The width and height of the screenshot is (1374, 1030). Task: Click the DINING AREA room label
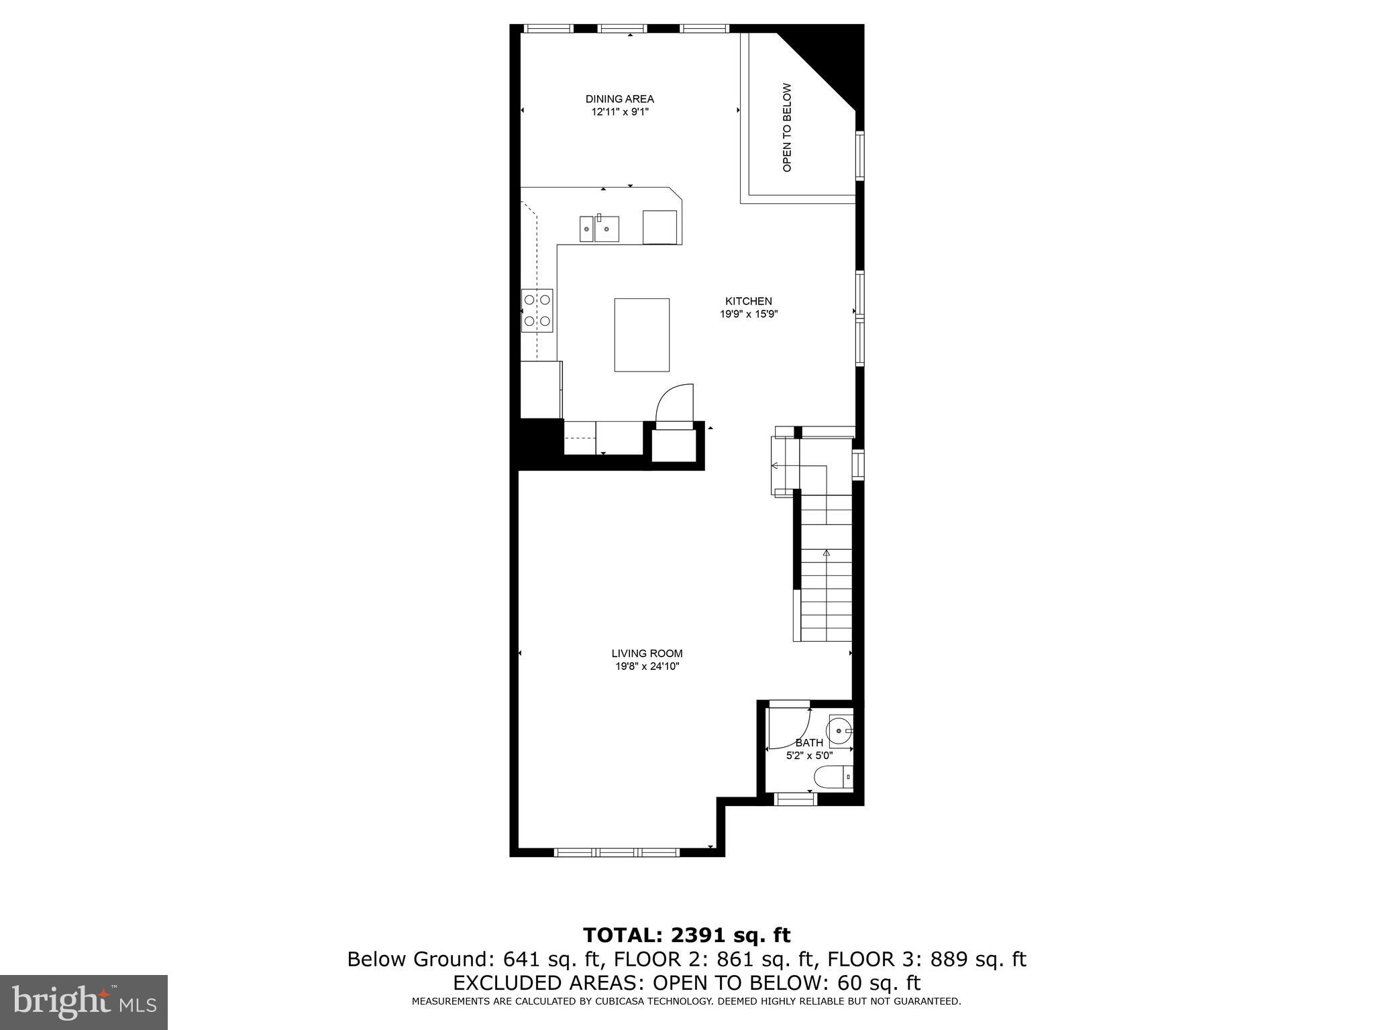point(619,99)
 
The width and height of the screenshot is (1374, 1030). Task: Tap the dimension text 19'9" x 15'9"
point(748,314)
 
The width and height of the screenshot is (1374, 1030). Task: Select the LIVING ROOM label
point(647,653)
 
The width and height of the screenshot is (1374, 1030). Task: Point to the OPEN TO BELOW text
point(788,127)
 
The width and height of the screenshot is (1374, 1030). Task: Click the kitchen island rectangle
point(641,335)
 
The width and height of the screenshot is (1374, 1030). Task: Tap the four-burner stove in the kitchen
point(537,310)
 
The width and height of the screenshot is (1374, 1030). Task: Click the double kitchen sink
point(599,229)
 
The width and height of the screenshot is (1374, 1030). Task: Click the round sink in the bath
point(840,731)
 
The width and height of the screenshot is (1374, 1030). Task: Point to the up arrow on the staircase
point(827,553)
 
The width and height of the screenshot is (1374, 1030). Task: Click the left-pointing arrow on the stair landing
point(776,465)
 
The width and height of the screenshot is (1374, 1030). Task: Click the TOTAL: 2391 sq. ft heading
point(686,935)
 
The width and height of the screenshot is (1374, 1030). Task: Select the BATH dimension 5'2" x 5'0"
point(809,755)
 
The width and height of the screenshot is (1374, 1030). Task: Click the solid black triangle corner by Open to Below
point(832,54)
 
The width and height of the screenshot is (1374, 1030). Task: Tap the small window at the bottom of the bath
point(796,799)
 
